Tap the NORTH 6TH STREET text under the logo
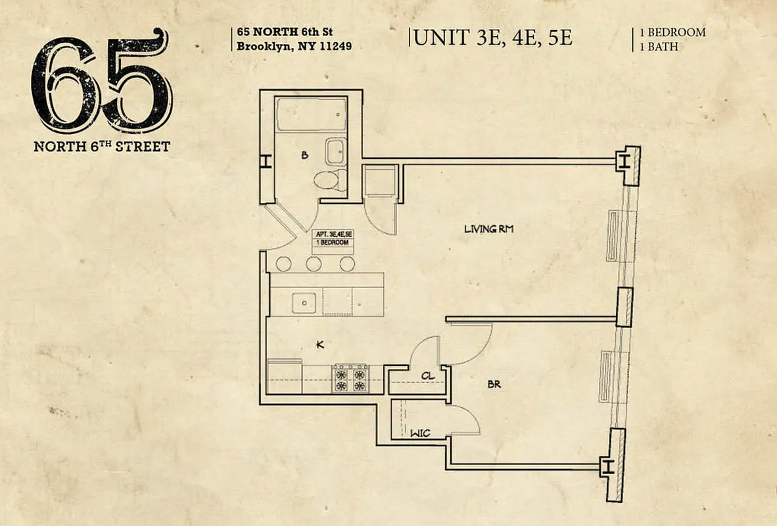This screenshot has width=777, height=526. coord(102,146)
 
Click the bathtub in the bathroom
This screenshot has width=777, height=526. coord(311,115)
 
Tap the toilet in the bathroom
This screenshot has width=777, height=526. coord(327,179)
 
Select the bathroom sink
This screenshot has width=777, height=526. coord(336,152)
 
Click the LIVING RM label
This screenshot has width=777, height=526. coord(488,229)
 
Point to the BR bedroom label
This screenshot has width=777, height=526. coord(494,384)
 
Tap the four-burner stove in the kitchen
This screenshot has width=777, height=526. coord(351,379)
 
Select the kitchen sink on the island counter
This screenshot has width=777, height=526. coord(305,303)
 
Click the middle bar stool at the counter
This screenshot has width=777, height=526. coord(314,264)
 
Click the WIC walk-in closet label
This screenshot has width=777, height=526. coord(420,434)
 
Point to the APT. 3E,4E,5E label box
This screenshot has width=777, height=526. coord(333,237)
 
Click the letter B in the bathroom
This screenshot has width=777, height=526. coord(304,156)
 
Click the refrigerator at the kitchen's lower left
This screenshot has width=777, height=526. coord(285,377)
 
